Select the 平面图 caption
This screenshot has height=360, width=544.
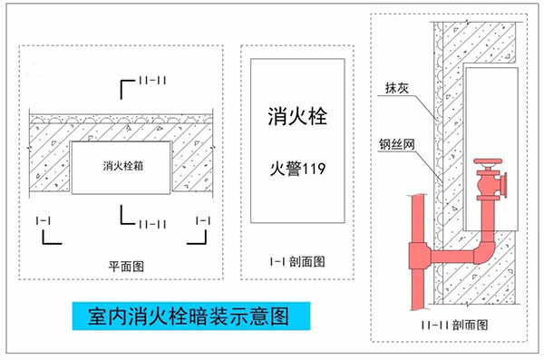pyautogui.click(x=127, y=265)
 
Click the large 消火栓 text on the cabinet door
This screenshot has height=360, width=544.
pyautogui.click(x=297, y=117)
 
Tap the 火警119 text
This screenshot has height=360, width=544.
pyautogui.click(x=297, y=169)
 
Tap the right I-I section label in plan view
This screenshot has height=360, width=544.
pyautogui.click(x=202, y=220)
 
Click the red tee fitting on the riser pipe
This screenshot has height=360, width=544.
pyautogui.click(x=421, y=254)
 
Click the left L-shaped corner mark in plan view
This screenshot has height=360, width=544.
pyautogui.click(x=48, y=238)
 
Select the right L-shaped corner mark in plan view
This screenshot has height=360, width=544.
pyautogui.click(x=199, y=238)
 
